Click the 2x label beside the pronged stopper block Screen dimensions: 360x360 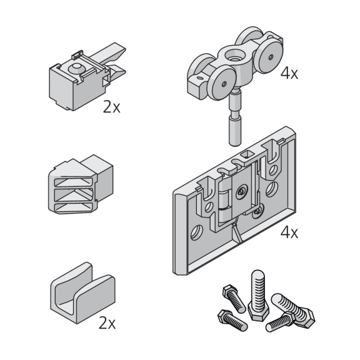coord(112,106)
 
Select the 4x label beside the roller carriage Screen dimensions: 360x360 coord(289,73)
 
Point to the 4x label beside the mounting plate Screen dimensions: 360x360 coord(289,232)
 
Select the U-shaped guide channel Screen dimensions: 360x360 coord(82,293)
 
